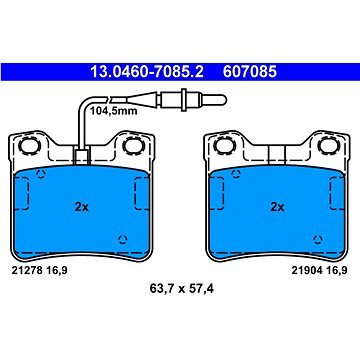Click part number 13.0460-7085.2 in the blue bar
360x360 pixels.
coord(147,72)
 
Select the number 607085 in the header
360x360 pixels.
coord(250,72)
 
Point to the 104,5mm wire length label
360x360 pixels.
coord(114,111)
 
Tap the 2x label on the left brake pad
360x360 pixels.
coord(81,207)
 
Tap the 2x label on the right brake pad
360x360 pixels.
coord(277,207)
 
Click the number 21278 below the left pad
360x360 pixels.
coord(27,271)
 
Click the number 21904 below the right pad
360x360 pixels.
coord(307,271)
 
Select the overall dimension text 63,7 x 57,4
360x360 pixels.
coord(182,289)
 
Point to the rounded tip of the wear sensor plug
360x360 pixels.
coord(223,99)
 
